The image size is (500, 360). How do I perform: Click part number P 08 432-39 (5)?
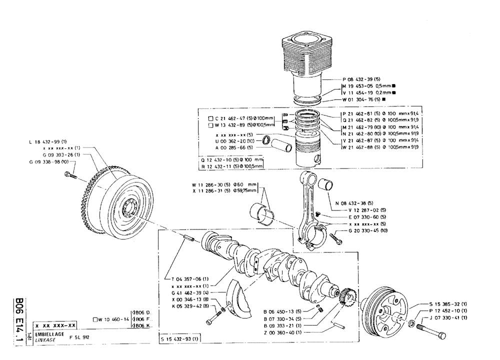click(363, 79)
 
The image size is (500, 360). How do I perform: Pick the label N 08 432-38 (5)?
click(355, 203)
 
